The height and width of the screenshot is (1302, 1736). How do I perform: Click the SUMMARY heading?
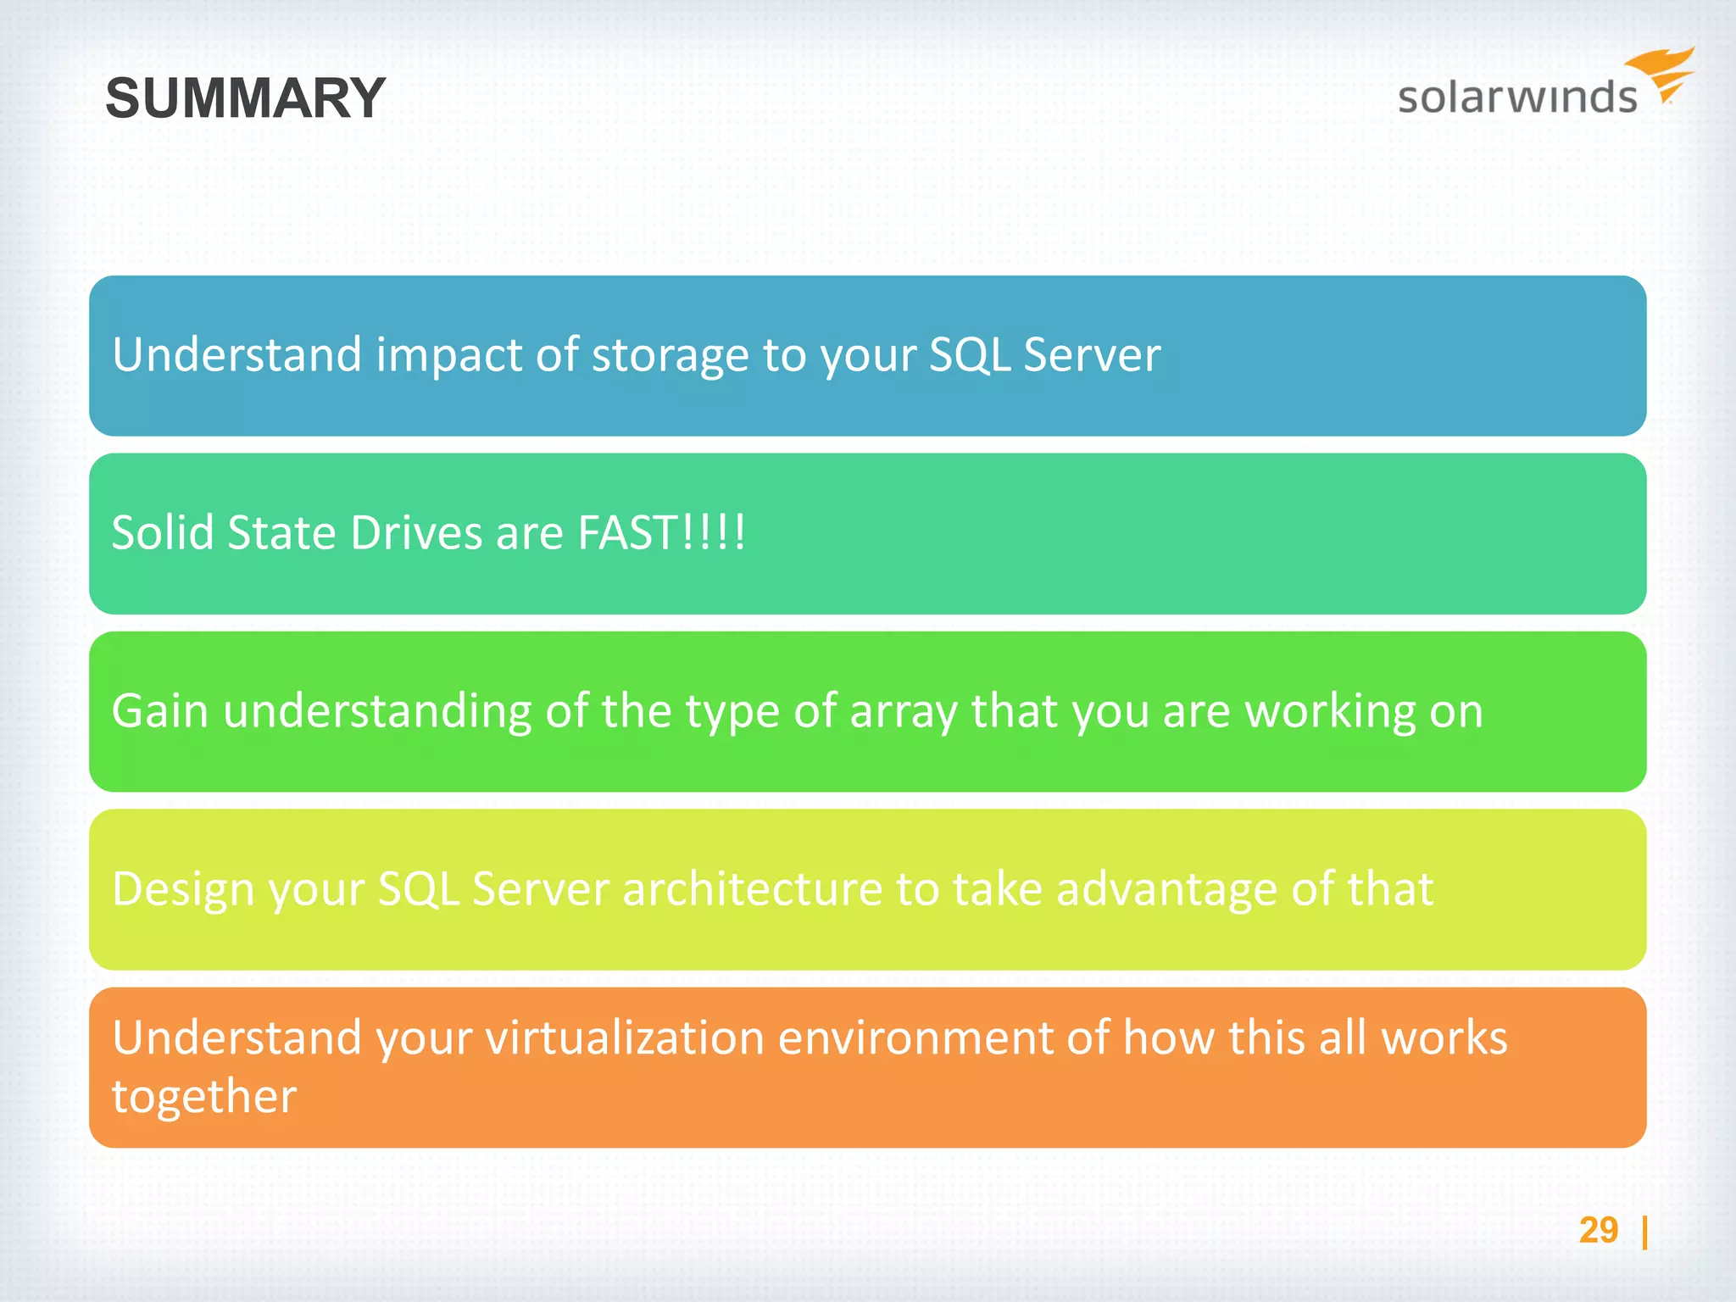(245, 98)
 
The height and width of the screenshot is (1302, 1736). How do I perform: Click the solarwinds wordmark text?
(1516, 97)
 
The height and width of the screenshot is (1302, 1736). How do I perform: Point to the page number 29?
(1598, 1230)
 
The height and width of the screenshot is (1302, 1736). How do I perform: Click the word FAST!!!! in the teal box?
(661, 532)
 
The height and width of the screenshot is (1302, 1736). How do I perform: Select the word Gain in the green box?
(159, 710)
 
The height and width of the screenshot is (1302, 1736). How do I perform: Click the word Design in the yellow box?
(182, 890)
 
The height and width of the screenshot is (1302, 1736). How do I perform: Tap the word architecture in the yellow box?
(752, 888)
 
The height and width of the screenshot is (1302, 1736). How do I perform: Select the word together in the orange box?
(204, 1097)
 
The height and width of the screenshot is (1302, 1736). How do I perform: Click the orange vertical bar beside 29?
(1644, 1232)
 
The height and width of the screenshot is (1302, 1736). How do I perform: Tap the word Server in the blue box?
(1092, 355)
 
